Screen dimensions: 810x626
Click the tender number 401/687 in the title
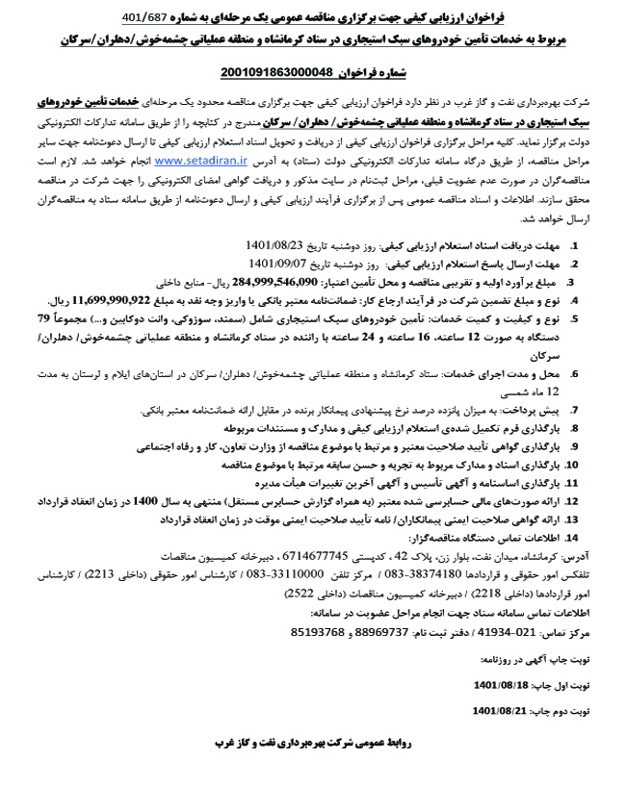(x=150, y=17)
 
